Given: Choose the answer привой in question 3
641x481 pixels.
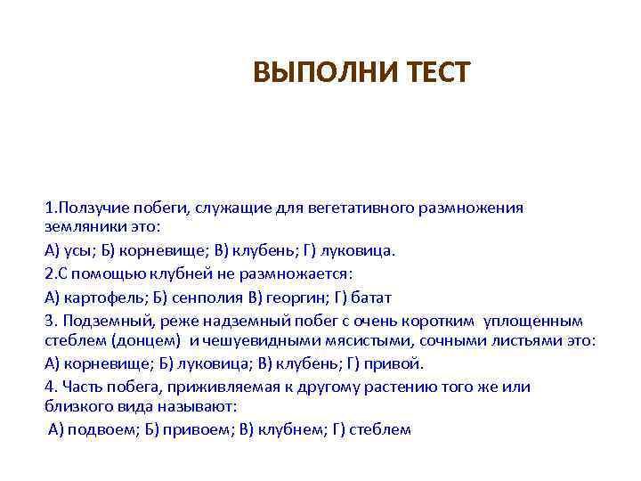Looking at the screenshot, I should tap(398, 363).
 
